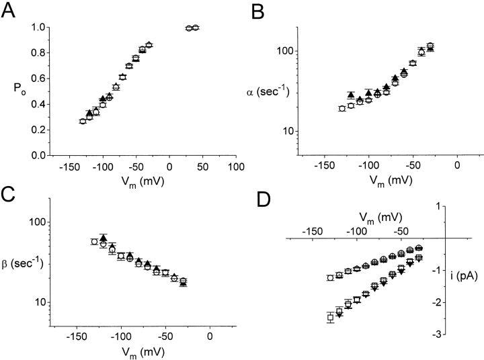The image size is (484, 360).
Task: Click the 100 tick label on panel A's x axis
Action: point(235,167)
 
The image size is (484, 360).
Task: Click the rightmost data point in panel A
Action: point(196,28)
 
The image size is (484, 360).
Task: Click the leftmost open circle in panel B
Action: point(342,108)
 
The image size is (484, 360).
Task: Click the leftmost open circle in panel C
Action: point(95,242)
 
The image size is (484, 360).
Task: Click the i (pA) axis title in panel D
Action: point(465,273)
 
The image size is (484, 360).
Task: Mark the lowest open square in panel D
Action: point(331,318)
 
